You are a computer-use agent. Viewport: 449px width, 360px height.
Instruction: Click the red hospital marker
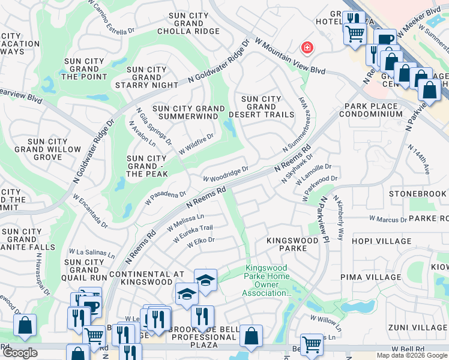click(x=307, y=47)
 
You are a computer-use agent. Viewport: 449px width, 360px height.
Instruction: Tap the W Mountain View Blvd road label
click(x=291, y=58)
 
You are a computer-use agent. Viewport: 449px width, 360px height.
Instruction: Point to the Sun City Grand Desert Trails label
click(x=268, y=106)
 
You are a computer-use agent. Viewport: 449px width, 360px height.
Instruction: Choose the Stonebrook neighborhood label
click(x=418, y=194)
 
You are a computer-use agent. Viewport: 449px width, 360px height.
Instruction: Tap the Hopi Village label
click(x=367, y=241)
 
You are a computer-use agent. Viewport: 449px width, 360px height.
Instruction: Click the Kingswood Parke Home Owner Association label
click(x=266, y=281)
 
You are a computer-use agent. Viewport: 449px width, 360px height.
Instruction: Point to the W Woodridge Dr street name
click(x=226, y=175)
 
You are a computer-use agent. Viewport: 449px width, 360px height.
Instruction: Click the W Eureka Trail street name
click(x=193, y=233)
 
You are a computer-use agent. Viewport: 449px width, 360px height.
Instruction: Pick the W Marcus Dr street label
click(x=387, y=220)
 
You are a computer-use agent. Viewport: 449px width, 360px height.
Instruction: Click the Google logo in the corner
click(x=20, y=353)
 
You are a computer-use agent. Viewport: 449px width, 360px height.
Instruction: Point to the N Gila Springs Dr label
click(x=154, y=126)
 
